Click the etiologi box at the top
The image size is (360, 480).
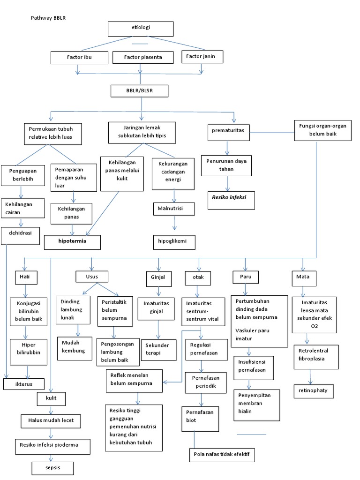tap(141, 29)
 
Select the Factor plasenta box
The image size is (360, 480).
tap(143, 57)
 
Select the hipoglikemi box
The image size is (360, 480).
tap(174, 242)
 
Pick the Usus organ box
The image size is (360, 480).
tap(92, 277)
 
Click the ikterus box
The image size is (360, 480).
tap(24, 384)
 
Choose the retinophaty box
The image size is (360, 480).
tap(314, 390)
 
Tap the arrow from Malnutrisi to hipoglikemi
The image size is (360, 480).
tap(174, 224)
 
